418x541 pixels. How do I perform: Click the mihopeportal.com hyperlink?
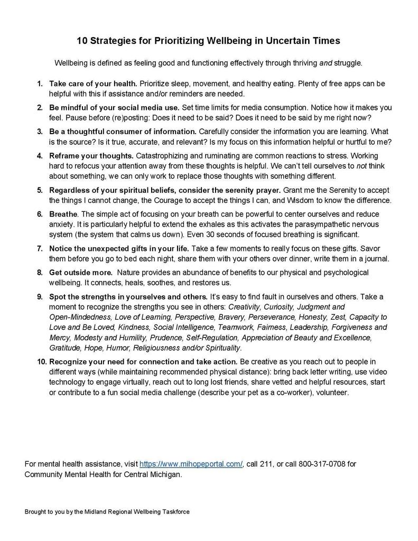pyautogui.click(x=191, y=464)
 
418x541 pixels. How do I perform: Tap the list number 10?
pyautogui.click(x=41, y=361)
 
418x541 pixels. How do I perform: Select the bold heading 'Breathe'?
pyautogui.click(x=63, y=213)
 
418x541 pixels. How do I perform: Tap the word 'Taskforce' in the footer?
pyautogui.click(x=173, y=512)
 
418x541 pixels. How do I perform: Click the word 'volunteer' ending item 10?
pyautogui.click(x=332, y=393)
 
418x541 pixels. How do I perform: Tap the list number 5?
pyautogui.click(x=40, y=190)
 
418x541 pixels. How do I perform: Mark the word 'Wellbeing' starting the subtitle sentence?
pyautogui.click(x=71, y=63)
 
